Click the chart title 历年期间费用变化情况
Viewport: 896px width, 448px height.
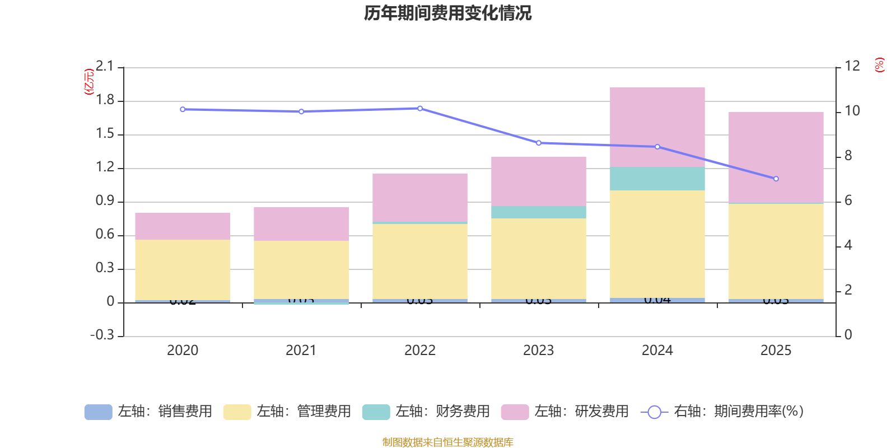coord(447,13)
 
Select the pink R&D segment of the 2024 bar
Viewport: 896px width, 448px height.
coord(657,127)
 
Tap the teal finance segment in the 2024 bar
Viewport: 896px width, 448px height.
coord(657,179)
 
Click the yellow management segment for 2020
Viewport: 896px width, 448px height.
coord(183,270)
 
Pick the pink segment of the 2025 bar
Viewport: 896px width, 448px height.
coord(776,157)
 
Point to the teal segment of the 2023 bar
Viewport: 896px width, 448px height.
coord(538,212)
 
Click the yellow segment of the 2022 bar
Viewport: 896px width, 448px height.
coord(419,262)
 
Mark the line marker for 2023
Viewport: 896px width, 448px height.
coord(539,143)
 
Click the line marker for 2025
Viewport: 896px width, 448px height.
coord(776,179)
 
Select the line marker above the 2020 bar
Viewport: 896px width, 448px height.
coord(183,109)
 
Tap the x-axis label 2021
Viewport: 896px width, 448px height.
coord(301,351)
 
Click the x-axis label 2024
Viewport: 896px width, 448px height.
coord(657,351)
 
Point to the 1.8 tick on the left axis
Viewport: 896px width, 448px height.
coord(105,100)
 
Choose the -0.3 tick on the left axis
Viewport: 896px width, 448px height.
coord(102,335)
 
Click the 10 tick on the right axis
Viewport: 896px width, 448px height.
coord(852,111)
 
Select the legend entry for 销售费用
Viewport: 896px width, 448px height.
coord(148,412)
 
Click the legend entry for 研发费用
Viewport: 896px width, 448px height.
coord(565,412)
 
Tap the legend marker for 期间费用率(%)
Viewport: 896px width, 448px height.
coord(654,412)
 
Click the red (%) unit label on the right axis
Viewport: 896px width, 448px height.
coord(880,65)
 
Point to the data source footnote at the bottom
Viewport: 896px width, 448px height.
coord(447,442)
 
